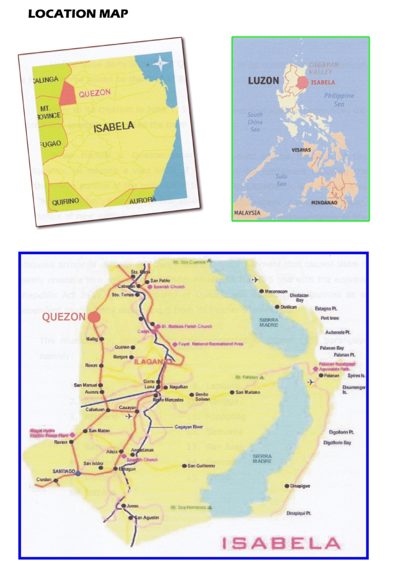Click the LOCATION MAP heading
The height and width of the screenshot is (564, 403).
(x=78, y=14)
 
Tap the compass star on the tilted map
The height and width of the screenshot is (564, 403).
(x=160, y=63)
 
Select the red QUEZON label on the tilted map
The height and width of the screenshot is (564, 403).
(x=95, y=93)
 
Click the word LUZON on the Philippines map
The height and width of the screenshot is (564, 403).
(x=263, y=81)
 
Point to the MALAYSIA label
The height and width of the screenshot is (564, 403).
(x=247, y=213)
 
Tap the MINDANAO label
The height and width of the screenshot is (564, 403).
(x=324, y=203)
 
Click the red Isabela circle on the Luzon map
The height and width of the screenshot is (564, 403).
(x=303, y=82)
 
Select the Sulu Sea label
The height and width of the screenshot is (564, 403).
(x=281, y=180)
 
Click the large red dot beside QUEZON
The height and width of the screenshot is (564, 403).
(x=94, y=317)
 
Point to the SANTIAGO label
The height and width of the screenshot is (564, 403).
(x=64, y=471)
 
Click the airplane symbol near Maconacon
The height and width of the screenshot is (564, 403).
(x=255, y=280)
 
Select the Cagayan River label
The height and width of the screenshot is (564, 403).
(x=188, y=427)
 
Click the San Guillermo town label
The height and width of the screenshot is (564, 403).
(x=201, y=466)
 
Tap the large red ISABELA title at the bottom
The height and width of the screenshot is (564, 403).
(x=281, y=543)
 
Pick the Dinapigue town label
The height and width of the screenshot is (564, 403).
(x=300, y=486)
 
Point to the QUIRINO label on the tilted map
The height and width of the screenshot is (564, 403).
(x=65, y=201)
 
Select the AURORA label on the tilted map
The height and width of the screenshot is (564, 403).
(x=143, y=200)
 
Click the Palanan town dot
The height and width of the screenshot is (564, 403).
(x=321, y=375)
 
